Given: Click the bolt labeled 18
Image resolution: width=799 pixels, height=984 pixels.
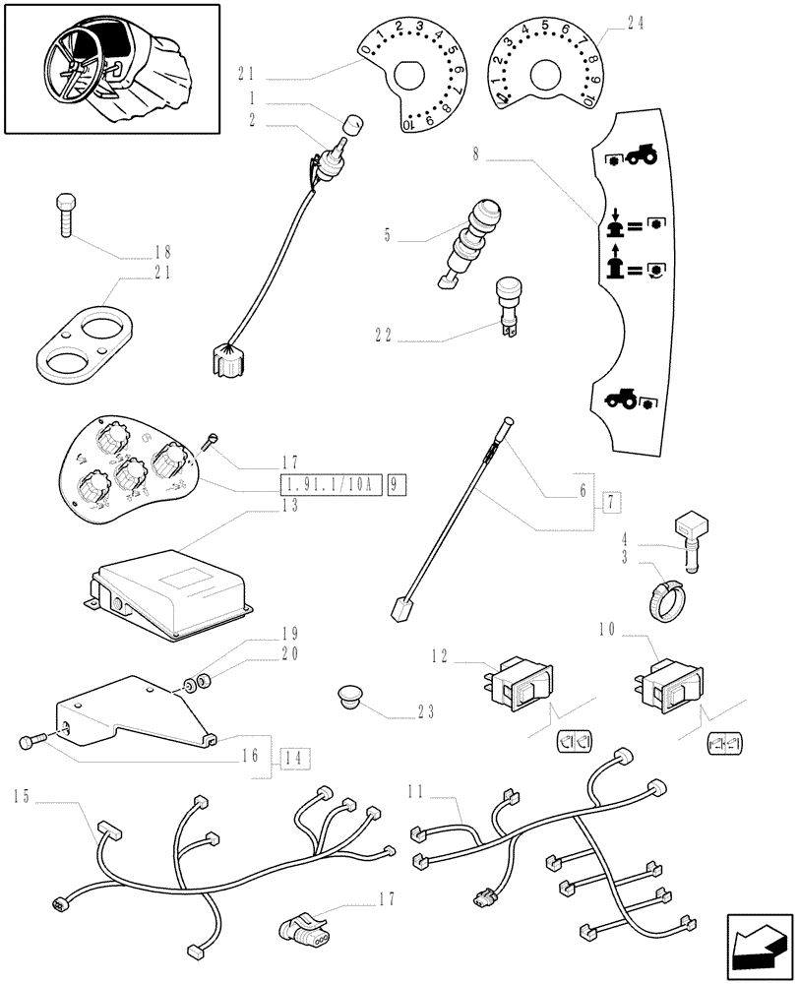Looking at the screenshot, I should (x=64, y=215).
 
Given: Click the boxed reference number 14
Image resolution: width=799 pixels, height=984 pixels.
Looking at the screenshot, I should (x=291, y=758).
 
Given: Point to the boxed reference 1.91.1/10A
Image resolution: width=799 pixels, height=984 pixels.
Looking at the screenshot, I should (x=331, y=485).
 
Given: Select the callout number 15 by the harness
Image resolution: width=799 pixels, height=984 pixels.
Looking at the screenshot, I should (x=22, y=796).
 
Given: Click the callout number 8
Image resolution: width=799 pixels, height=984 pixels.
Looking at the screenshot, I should (x=476, y=154).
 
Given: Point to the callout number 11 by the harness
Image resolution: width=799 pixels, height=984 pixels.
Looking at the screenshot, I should (x=416, y=789).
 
